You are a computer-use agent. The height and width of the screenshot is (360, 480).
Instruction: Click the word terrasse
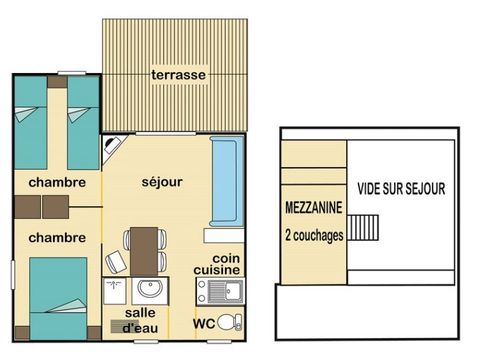click(179, 76)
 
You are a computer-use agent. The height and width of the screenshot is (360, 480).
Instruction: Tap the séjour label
click(161, 182)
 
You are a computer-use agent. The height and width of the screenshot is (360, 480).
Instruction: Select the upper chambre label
click(56, 182)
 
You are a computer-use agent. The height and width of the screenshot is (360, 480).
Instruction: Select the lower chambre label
click(56, 237)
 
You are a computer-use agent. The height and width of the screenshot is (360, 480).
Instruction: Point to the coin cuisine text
click(219, 262)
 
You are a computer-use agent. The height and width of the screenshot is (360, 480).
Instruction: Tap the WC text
click(205, 323)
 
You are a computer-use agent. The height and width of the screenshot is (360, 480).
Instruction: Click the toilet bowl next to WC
click(230, 322)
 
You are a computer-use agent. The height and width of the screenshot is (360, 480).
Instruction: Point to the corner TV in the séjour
click(112, 147)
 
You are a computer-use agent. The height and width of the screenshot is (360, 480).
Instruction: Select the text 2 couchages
click(314, 235)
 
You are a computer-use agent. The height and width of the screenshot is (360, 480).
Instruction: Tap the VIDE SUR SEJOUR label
click(401, 187)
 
